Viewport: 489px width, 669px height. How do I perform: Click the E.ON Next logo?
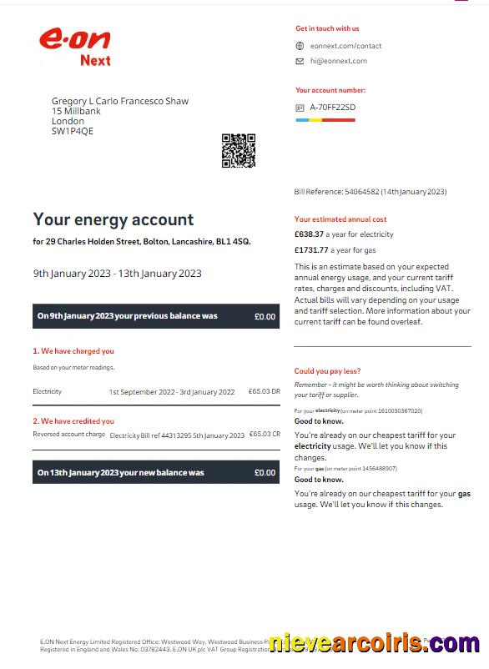coord(75,46)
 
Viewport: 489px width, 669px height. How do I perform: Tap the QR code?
coord(238,150)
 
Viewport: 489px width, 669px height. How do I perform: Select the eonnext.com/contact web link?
coord(345,46)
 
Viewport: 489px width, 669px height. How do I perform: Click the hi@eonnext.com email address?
coord(338,61)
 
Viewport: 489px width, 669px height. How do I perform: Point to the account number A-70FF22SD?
coord(332,108)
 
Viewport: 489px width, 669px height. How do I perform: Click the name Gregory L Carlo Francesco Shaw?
coord(120,101)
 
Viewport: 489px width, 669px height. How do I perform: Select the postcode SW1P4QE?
coord(73,131)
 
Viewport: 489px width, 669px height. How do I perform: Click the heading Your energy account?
coord(113,219)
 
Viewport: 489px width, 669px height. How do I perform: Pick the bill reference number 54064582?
coord(361,192)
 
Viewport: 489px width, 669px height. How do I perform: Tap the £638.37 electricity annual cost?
coord(310,234)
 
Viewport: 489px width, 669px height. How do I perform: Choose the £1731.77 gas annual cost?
coord(312,250)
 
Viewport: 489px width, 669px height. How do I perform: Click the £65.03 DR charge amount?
coord(265,391)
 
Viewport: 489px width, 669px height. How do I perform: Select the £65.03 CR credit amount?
coord(265,435)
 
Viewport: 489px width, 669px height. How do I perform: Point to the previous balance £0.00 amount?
coord(265,317)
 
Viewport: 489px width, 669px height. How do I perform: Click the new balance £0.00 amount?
coord(265,473)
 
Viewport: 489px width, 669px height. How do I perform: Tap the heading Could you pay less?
coord(328,371)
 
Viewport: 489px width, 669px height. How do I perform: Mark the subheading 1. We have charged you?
coord(73,351)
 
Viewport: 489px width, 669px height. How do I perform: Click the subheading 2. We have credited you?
coord(73,421)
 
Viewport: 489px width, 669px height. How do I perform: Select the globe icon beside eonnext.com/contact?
coord(300,46)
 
